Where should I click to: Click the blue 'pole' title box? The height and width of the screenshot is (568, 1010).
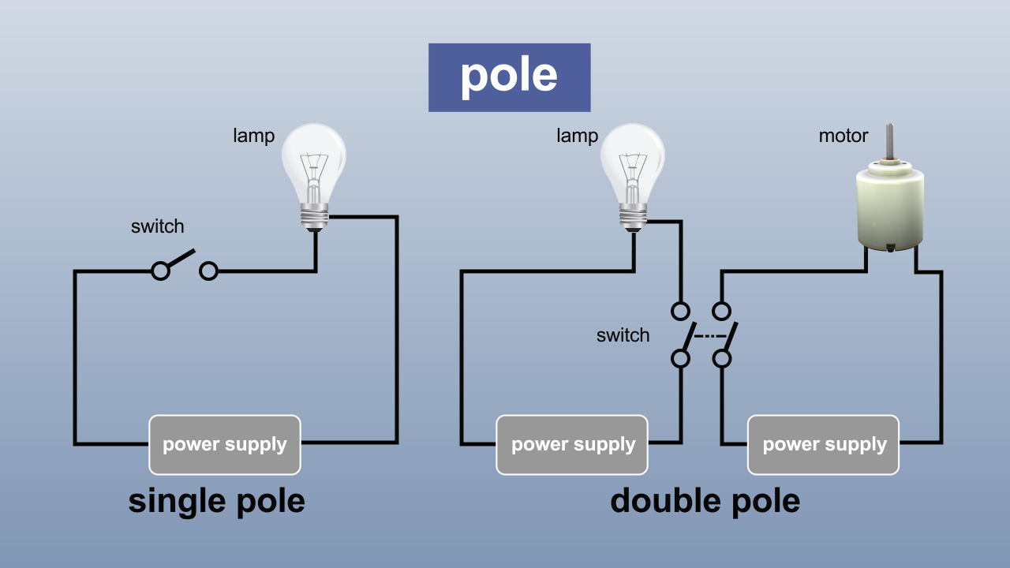(x=509, y=77)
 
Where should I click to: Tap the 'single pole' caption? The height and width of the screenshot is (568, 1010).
(x=216, y=501)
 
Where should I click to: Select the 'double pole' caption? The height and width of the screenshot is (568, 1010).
(x=705, y=501)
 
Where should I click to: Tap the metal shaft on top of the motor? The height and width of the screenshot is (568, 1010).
(x=890, y=142)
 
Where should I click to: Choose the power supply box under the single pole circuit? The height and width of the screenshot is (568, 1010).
(x=225, y=445)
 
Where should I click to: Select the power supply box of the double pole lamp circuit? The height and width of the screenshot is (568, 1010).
(x=572, y=445)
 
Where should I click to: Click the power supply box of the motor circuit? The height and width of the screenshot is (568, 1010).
(x=823, y=445)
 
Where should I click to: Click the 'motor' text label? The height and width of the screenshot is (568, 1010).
(x=843, y=136)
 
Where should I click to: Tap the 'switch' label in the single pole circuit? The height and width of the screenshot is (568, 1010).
(x=157, y=226)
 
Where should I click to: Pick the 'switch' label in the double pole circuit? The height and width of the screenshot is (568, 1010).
(x=623, y=335)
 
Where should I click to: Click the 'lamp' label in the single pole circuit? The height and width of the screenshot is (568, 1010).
(x=253, y=136)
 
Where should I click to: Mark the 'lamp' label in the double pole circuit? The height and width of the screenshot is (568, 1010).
(x=577, y=136)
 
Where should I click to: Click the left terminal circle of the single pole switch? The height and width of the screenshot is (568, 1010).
(x=160, y=271)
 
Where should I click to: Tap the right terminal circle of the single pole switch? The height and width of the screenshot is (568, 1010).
(x=208, y=271)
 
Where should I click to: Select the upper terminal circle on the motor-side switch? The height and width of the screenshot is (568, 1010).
(x=721, y=309)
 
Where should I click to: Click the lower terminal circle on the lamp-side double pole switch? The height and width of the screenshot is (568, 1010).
(x=680, y=359)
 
